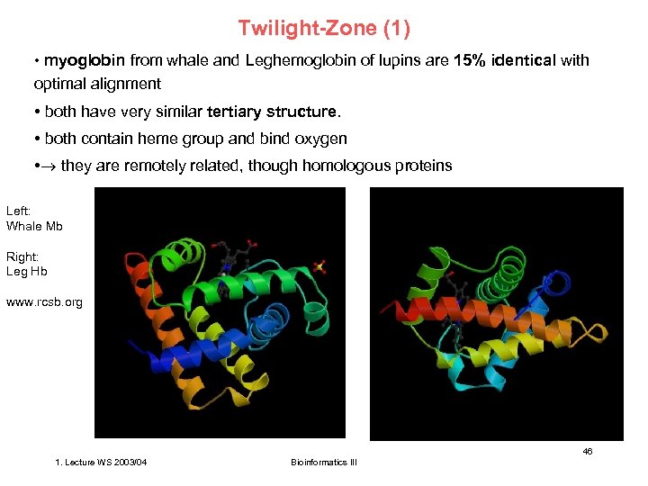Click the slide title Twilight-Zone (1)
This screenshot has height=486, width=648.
coord(324,29)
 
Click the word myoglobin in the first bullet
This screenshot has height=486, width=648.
coord(85,61)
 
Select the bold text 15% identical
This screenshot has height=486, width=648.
coord(505,61)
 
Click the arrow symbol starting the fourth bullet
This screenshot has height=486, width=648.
coord(48,166)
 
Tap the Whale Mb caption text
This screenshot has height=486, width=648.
coord(34,226)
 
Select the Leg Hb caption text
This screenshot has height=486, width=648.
coord(27,271)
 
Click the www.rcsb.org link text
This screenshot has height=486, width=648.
coord(44,301)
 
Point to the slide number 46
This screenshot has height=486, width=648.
coord(587,451)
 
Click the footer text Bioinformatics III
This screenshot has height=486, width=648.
coord(324,463)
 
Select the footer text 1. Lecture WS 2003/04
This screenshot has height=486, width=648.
coord(102,463)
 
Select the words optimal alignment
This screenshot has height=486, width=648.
coord(97,84)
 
